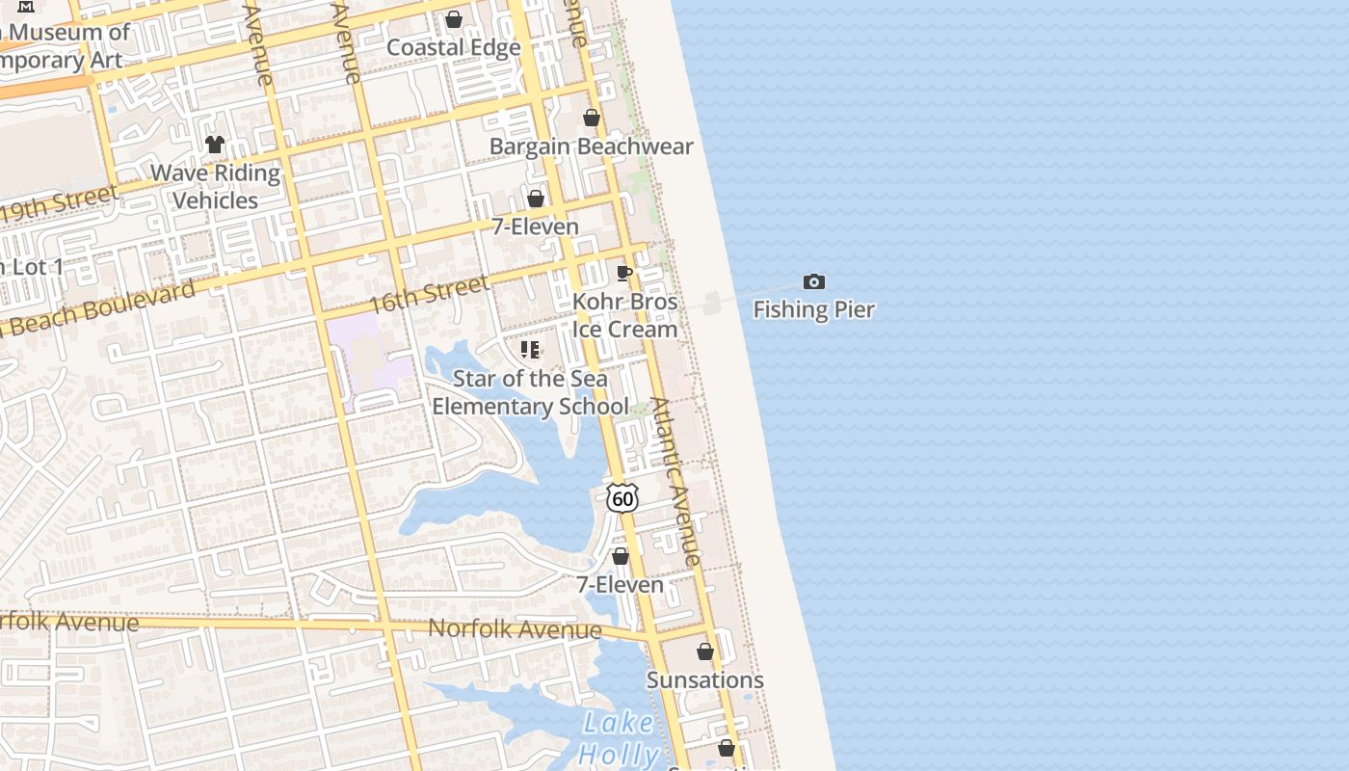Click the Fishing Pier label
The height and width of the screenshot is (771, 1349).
pos(813,309)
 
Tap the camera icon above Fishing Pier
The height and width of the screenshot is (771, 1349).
pos(814,282)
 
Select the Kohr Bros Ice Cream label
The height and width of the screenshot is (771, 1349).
pos(625,315)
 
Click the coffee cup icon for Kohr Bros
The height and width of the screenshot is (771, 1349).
pos(624,273)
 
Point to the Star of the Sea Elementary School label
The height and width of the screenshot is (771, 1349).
pos(530,392)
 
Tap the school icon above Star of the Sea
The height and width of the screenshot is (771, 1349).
pos(530,349)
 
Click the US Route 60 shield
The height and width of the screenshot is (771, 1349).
pos(622,497)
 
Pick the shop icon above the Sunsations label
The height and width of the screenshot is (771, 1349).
pos(705,651)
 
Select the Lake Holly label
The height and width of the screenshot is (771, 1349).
pos(619,738)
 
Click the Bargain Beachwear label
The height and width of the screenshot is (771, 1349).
pos(592,146)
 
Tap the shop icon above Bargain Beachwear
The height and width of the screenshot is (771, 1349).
pos(592,118)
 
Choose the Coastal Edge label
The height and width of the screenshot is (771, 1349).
pos(454,47)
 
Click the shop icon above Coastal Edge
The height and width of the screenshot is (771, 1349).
pos(454,19)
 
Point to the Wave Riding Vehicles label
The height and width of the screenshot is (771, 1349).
pos(216,187)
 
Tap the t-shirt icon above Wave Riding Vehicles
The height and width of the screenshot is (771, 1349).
pos(215,145)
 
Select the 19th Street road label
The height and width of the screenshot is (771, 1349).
pos(60,204)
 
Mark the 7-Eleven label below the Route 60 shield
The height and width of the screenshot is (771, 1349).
pos(621,585)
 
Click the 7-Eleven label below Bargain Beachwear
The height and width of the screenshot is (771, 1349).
pos(536,226)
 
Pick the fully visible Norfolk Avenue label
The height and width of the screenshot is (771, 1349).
pos(515,629)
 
